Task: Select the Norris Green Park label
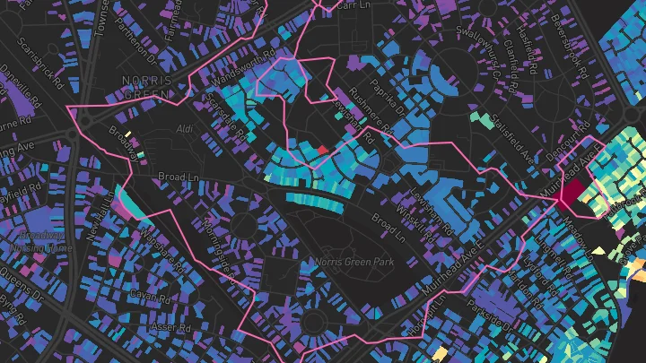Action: (x=355, y=262)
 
